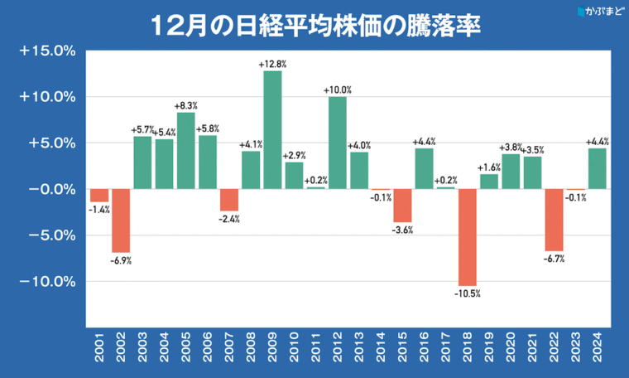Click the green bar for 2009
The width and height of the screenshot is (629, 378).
tap(272, 129)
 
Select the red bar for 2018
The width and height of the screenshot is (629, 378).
tap(468, 236)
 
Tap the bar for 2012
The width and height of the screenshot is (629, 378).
tap(338, 143)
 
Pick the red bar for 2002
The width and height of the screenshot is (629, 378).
tap(121, 220)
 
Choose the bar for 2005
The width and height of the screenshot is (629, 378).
tap(185, 150)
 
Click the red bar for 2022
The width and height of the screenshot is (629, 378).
tap(555, 219)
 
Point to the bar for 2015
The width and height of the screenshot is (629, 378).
tap(402, 205)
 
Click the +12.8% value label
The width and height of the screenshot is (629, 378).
tap(272, 64)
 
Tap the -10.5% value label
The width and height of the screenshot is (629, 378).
tap(468, 293)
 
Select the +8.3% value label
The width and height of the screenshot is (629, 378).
tap(186, 105)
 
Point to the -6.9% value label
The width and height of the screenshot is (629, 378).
tap(121, 260)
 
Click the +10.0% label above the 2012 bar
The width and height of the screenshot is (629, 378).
tap(338, 90)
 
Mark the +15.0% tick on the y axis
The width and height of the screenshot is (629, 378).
tap(47, 51)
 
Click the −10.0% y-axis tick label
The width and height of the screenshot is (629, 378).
tap(47, 281)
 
